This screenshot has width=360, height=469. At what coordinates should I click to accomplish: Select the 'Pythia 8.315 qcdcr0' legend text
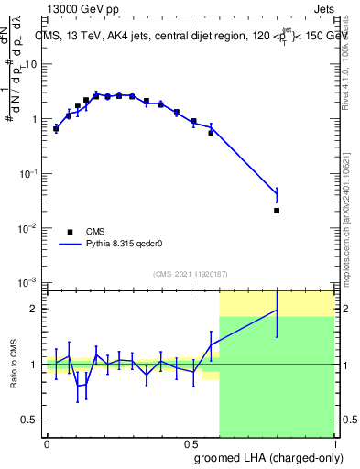(131, 245)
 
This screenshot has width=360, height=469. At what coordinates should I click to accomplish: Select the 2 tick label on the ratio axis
(34, 309)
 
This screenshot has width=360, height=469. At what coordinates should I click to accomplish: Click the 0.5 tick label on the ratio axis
(30, 420)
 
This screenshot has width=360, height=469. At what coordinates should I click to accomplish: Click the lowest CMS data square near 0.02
(277, 211)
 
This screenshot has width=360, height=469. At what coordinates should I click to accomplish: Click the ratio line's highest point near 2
(277, 311)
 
